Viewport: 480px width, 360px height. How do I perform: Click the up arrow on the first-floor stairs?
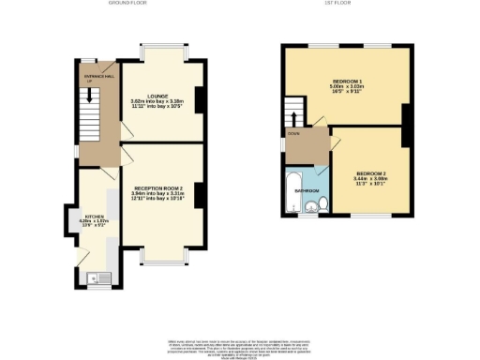[x=296, y=118]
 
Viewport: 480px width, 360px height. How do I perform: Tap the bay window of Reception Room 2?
[x=162, y=255]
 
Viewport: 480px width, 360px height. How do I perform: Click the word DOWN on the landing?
[x=292, y=134]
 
